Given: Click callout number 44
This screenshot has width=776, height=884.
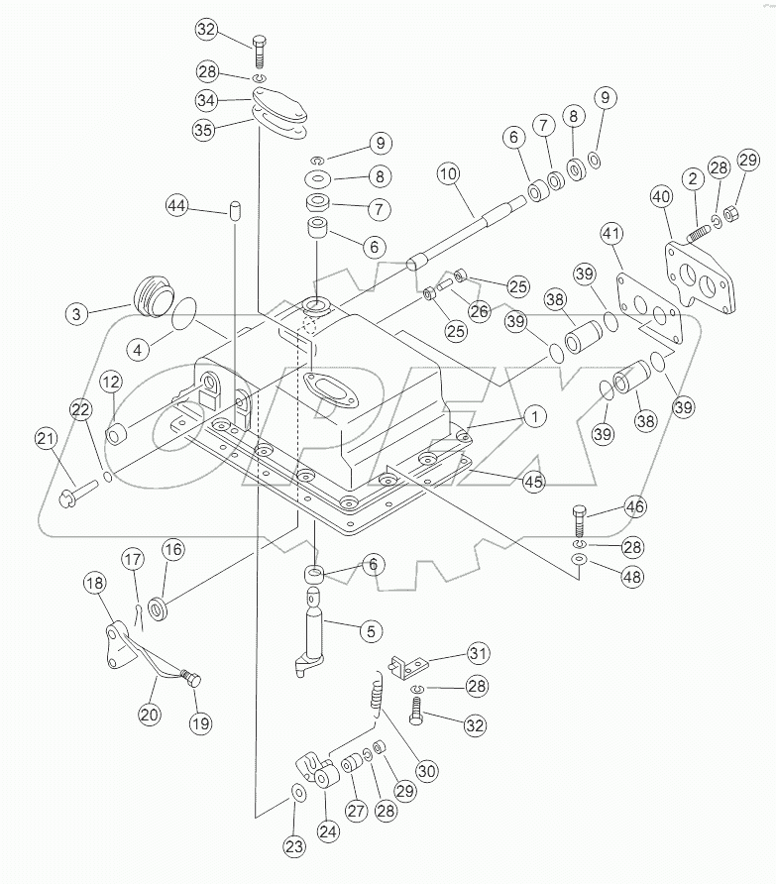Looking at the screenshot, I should coord(176,206).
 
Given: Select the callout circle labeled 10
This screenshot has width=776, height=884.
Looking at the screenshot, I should coord(448,173).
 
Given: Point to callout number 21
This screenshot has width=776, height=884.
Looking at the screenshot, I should coord(46,439).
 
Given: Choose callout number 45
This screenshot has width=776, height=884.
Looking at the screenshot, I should coord(533,481).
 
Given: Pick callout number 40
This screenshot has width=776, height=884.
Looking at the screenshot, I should coord(660,196).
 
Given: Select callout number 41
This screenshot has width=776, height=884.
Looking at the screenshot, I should coord(611,234).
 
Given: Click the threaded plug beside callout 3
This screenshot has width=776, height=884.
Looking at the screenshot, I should coord(151,294).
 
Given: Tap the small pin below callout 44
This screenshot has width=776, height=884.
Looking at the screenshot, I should coord(236,210).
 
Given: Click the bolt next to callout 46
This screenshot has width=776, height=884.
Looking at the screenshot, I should coord(580,518).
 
